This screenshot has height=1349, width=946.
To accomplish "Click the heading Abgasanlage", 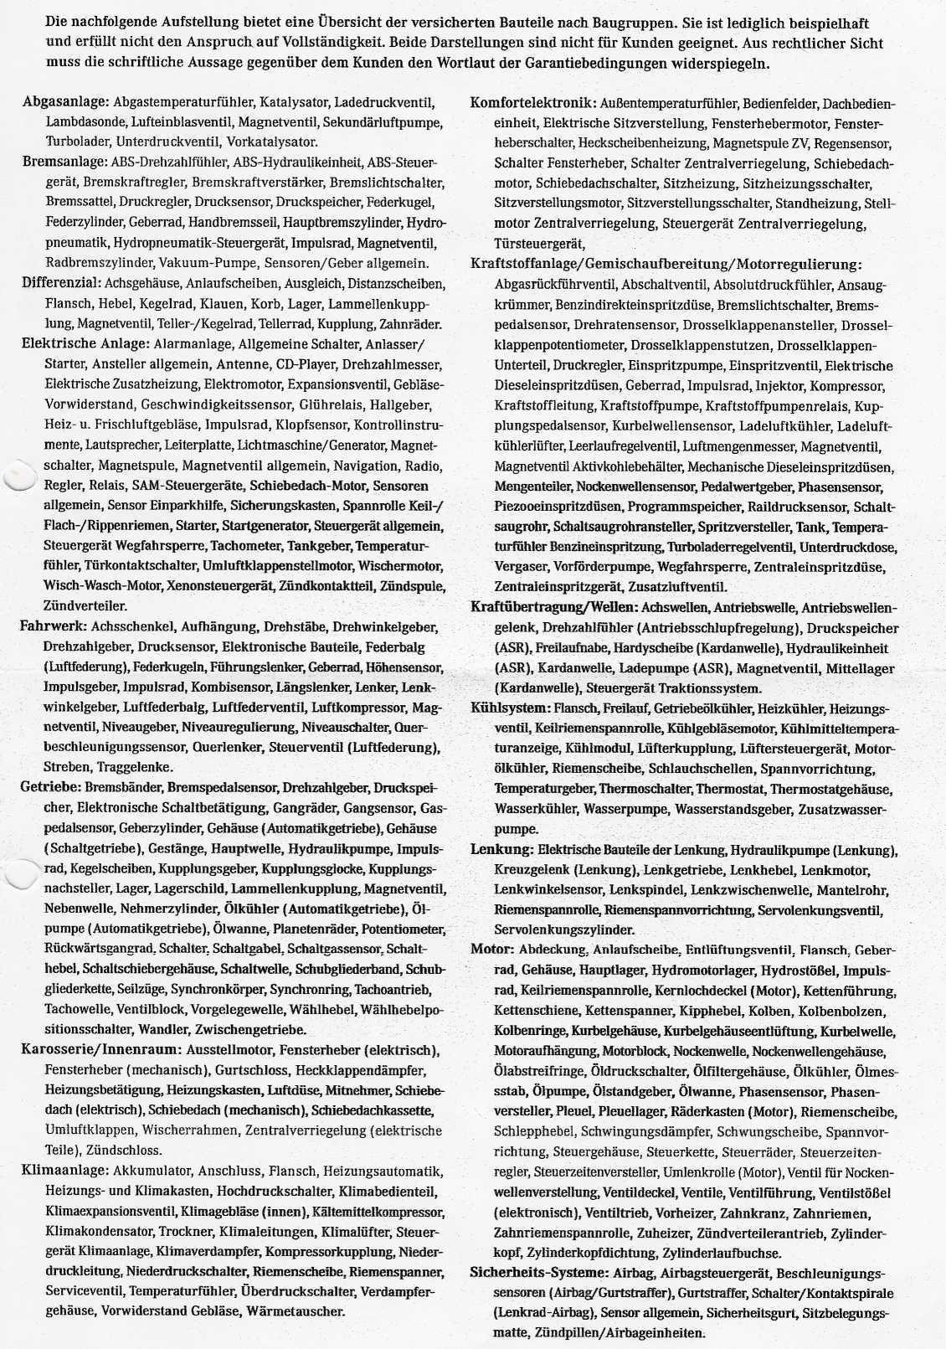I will point(66,101).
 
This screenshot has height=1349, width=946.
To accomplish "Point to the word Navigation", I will point(366,466).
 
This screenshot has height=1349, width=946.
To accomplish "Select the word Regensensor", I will point(856,143).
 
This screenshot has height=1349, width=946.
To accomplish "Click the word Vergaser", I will point(521,567).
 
